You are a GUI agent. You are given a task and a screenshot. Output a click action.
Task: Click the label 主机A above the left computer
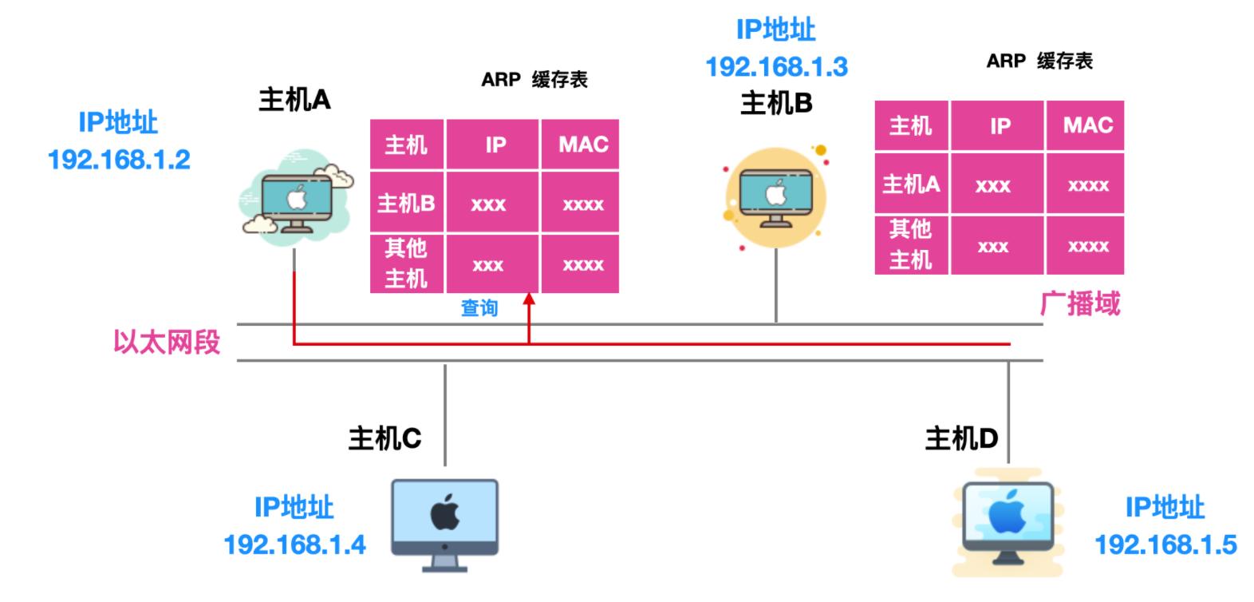pos(294,100)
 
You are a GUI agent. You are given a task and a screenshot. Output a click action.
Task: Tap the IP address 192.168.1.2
pos(120,160)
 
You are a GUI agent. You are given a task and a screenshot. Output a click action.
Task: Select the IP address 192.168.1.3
pos(776,66)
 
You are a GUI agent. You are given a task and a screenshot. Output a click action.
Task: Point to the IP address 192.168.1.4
pos(294,545)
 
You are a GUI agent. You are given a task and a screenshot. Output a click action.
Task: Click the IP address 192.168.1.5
pos(1165,545)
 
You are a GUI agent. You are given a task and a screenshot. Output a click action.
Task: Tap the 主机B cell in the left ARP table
pos(406,204)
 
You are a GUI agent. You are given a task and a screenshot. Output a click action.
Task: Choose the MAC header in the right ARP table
pos(1086,125)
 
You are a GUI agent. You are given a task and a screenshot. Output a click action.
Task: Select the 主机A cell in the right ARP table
pos(911,184)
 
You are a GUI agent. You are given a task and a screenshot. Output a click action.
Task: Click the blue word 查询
pos(479,308)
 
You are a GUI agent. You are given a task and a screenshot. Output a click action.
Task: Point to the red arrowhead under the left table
pos(528,300)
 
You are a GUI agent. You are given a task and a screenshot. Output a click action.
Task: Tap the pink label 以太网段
pos(166,343)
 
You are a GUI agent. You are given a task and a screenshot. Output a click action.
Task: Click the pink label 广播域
pos(1081,304)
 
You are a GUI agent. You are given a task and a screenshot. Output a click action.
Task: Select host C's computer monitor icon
pos(444,523)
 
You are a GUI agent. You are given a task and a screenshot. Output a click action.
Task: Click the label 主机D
pos(961,438)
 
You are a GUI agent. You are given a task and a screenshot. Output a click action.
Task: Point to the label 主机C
pos(384,438)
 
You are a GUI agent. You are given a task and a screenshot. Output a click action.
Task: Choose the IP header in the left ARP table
pos(495,145)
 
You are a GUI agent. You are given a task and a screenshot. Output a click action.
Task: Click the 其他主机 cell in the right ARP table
pos(911,244)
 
